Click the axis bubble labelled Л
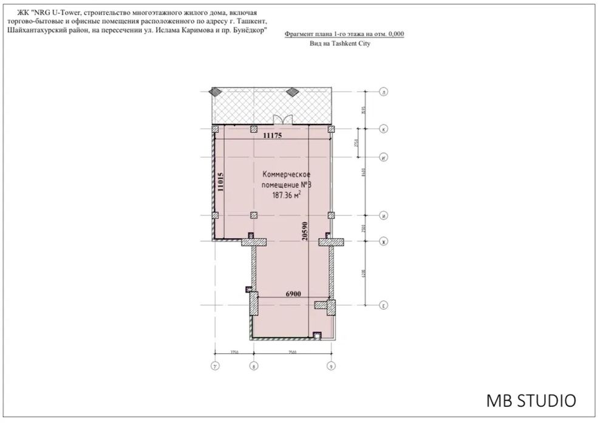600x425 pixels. pyautogui.click(x=383, y=92)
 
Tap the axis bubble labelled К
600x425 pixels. pyautogui.click(x=383, y=129)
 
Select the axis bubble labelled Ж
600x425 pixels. pyautogui.click(x=383, y=242)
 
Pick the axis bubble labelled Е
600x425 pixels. pyautogui.click(x=383, y=305)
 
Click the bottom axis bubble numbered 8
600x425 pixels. pyautogui.click(x=254, y=366)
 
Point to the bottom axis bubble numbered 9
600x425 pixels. pyautogui.click(x=331, y=366)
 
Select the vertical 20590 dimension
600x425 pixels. pyautogui.click(x=305, y=231)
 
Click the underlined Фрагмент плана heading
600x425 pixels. pyautogui.click(x=344, y=35)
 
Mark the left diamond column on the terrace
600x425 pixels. pyautogui.click(x=215, y=92)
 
